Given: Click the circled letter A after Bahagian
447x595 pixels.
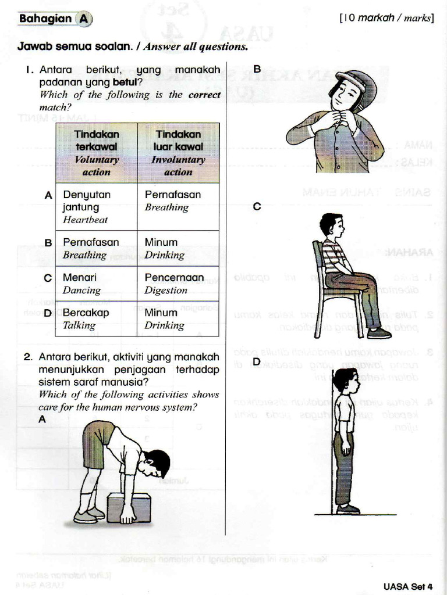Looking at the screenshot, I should point(84,19).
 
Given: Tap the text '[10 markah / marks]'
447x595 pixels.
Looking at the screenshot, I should point(386,18).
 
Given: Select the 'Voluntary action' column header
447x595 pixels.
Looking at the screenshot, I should point(97,153).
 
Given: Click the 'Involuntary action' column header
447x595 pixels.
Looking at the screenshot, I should point(178,153).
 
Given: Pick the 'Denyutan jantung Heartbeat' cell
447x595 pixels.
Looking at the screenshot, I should point(96,207).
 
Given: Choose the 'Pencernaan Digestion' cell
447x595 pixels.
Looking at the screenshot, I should point(178,284).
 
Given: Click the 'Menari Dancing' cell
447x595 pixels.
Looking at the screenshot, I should point(96,284).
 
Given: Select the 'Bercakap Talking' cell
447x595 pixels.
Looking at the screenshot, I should point(96,318).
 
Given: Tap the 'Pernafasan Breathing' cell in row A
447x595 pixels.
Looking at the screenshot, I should point(178,200).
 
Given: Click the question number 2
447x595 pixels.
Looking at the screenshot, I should point(27,357).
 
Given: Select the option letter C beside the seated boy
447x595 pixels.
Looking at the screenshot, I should point(257,206).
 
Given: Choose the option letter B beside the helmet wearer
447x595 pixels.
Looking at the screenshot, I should point(257,68).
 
